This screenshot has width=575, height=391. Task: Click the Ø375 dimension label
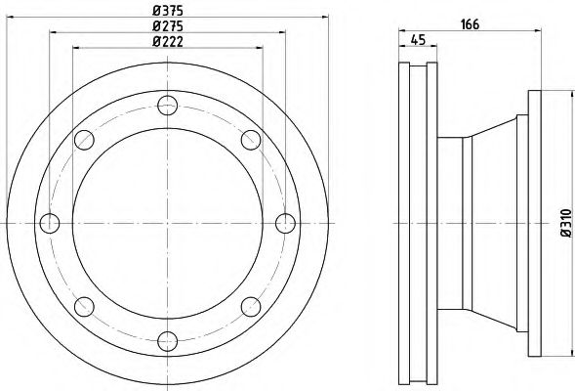[168, 11]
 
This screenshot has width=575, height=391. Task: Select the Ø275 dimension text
[168, 26]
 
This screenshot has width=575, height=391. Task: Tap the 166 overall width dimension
[470, 25]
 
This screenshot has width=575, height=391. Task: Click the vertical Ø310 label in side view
[563, 224]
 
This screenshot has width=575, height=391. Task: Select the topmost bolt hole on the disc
[167, 105]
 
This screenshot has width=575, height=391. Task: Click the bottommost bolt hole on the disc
[167, 341]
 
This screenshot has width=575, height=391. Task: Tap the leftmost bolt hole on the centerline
[49, 223]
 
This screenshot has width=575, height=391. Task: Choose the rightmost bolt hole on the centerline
[285, 223]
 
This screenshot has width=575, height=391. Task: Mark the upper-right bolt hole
[250, 139]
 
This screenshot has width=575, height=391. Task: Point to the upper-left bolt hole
[84, 139]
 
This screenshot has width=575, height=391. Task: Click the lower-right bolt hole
[250, 306]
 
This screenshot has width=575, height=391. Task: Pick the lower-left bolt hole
[84, 306]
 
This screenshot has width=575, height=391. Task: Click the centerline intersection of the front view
[167, 223]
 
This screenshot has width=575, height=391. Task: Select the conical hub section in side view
[497, 223]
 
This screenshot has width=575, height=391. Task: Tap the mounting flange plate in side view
[534, 223]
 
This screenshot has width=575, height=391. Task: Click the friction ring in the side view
[417, 223]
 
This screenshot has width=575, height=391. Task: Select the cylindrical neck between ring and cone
[449, 223]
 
